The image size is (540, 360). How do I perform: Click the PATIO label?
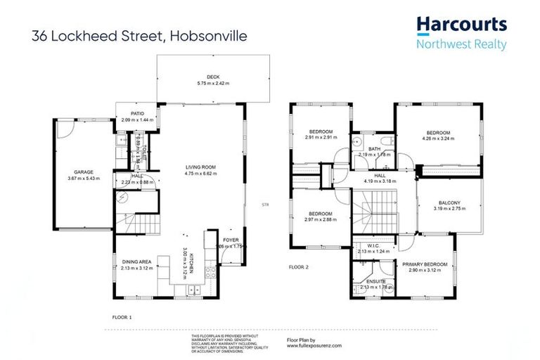pos(136,113)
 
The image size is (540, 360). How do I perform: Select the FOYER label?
pos(231,240)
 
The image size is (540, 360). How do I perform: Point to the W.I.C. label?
pos(373,245)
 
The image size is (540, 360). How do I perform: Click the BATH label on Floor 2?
pos(374,148)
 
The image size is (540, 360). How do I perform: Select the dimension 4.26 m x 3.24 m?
pos(439,139)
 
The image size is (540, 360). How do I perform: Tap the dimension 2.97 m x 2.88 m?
pos(320,219)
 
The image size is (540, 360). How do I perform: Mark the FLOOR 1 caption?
pos(123,318)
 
